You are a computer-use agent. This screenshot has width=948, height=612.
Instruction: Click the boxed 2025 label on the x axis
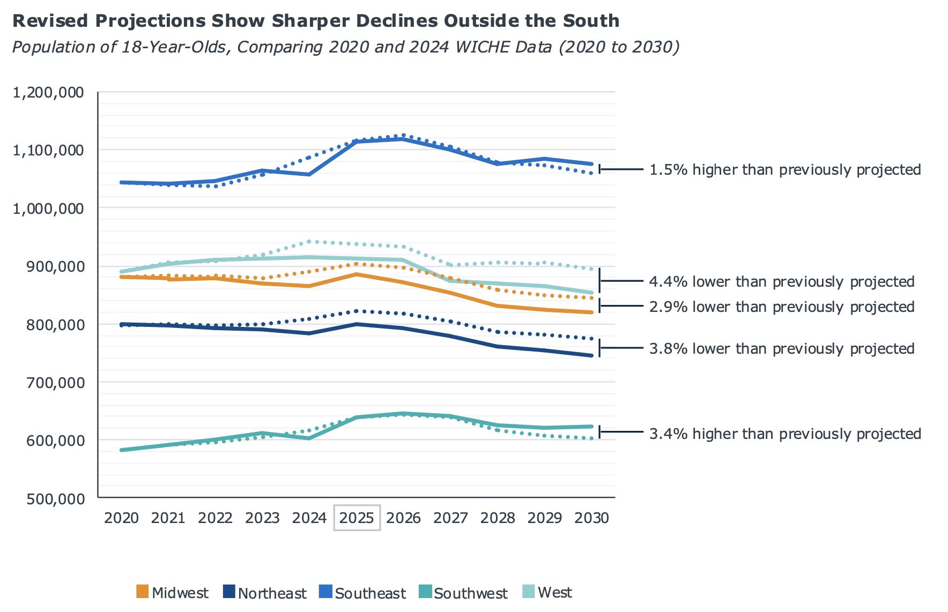tap(357, 518)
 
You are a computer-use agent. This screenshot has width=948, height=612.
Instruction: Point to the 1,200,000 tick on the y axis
tap(48, 93)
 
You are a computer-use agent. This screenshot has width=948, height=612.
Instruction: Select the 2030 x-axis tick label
tap(591, 518)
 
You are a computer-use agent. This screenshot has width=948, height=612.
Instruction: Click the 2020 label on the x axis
tap(122, 518)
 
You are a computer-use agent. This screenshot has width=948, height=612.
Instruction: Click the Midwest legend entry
tap(173, 593)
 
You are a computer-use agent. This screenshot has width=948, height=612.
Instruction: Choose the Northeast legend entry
tap(265, 593)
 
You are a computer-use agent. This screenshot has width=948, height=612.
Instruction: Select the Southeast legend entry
tap(363, 593)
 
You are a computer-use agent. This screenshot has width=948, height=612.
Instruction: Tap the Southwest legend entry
tap(463, 593)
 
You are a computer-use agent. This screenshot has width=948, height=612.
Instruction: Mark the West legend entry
tap(547, 593)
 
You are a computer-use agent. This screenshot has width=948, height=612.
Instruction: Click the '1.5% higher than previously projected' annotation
tap(784, 170)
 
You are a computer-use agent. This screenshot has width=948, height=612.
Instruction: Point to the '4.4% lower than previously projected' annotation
tap(781, 281)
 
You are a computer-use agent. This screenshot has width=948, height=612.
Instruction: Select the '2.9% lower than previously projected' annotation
tap(781, 307)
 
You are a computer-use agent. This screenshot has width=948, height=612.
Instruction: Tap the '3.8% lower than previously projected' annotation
tap(781, 348)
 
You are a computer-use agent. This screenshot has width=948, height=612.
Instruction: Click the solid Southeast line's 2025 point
tap(357, 141)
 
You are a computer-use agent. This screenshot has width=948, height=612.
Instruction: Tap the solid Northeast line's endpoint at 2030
tap(591, 355)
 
